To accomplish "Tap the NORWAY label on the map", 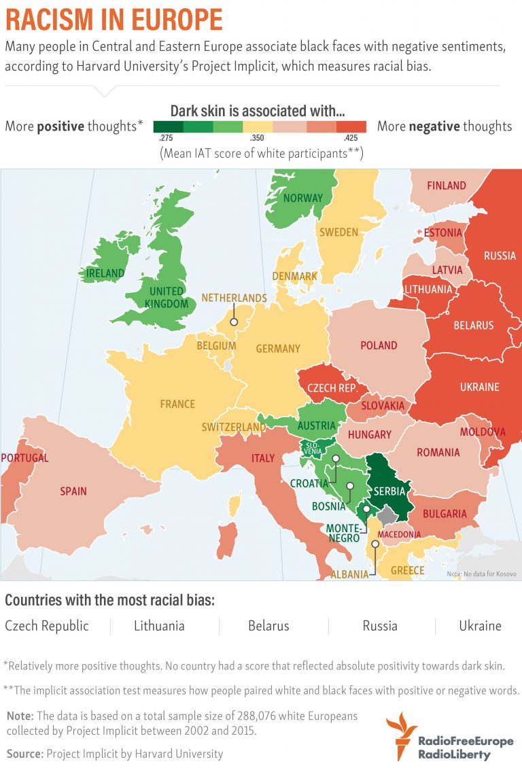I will [303, 198].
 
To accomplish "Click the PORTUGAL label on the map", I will [24, 458].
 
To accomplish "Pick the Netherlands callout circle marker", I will [233, 324].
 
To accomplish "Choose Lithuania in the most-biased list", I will [159, 626].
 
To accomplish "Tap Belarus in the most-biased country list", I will [268, 626].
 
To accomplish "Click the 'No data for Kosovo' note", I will [481, 574].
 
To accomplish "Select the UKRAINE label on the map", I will [480, 387].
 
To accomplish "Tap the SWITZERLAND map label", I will [234, 427].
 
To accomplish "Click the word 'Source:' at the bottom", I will [24, 753].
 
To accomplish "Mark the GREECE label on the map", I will [408, 570].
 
